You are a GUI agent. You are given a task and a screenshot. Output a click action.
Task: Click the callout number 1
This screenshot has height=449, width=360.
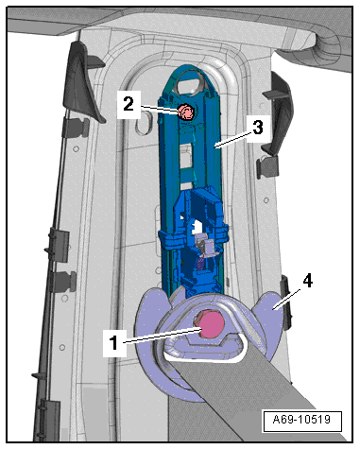coord(114,343)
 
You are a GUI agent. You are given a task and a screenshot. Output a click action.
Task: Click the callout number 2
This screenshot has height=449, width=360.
coord(129,104)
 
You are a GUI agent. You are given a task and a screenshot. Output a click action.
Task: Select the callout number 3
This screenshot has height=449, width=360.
coord(258,129)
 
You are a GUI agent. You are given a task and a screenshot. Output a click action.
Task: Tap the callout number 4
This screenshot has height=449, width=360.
coord(307,281)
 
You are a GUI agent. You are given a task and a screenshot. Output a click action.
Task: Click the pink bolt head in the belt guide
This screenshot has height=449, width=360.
coord(210,323)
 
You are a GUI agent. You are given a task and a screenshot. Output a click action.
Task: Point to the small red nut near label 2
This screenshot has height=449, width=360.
coord(186,112)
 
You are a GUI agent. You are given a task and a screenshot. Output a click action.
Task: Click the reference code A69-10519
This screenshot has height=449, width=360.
coord(301,420)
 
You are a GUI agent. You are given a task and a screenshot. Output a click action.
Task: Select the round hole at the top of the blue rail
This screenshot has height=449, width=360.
coord(190,81)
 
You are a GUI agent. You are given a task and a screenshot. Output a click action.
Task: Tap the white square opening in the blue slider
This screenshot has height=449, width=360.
coord(197,226)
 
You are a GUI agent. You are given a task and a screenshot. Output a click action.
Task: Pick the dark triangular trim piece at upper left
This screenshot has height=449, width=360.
coord(81,82)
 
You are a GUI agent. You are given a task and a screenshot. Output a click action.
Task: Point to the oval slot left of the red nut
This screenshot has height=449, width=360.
coord(144,124)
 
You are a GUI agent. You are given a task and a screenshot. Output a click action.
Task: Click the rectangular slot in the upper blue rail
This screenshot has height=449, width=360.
coord(186,155)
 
